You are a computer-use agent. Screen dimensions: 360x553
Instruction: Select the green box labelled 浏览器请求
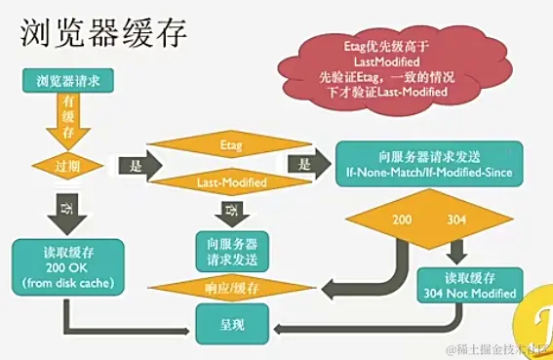[69, 81]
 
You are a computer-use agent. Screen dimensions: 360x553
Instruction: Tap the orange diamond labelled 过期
[69, 165]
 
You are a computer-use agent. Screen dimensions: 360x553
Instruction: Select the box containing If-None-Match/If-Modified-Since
[429, 164]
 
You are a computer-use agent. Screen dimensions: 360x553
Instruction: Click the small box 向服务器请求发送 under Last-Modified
[232, 249]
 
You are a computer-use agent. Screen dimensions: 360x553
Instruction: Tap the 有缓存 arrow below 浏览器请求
[68, 117]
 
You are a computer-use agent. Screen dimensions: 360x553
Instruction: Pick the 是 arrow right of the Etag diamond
[307, 165]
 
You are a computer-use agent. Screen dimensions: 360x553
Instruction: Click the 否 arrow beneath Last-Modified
[232, 211]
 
